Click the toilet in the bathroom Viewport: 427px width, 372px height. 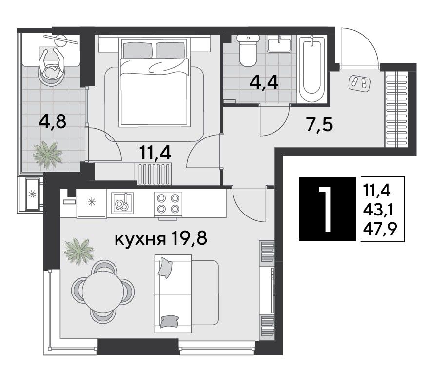click(248, 51)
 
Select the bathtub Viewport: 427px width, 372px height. click(312, 69)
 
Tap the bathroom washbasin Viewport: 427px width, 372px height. click(279, 44)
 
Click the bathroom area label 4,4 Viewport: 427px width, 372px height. click(264, 82)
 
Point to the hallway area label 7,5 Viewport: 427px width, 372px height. click(319, 125)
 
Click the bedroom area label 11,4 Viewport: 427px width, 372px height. click(155, 153)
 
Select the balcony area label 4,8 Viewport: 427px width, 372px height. click(53, 121)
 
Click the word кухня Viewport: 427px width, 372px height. click(140, 240)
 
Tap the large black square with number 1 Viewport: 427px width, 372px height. click(328, 209)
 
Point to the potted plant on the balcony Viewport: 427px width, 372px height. click(47, 155)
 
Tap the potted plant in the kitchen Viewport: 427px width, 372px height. click(79, 251)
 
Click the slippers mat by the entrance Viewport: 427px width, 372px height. click(359, 82)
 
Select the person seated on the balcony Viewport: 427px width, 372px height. click(52, 65)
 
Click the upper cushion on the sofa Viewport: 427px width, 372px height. click(165, 268)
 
